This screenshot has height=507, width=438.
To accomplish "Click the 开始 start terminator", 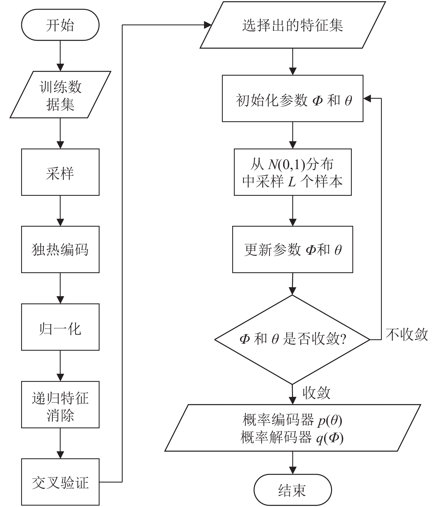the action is coord(60,25).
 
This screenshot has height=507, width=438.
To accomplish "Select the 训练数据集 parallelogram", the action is coord(60,95).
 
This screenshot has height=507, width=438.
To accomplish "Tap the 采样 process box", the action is coord(60,172).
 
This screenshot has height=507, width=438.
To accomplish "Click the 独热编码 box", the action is coord(60,249).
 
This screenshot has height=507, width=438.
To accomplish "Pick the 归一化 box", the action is coord(60,327).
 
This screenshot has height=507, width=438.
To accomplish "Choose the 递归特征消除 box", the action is coord(60,405).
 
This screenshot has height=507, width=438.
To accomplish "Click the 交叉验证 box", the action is coord(60,482).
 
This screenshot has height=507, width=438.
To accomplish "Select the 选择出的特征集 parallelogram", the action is coord(293,25).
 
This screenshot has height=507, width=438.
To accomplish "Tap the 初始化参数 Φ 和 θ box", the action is coord(293,98).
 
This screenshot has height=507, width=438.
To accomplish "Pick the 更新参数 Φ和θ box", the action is coord(293,249).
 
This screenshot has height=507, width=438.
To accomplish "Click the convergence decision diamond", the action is coord(292,340).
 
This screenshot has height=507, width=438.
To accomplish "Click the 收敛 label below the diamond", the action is coord(316,393).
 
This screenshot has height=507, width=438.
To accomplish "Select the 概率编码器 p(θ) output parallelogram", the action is coord(293,428).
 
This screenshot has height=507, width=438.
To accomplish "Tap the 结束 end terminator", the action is coord(293,490).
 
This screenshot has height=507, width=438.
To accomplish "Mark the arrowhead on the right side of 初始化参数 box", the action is coord(367,98).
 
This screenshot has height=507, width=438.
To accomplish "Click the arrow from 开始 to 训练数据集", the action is coord(60,56).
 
